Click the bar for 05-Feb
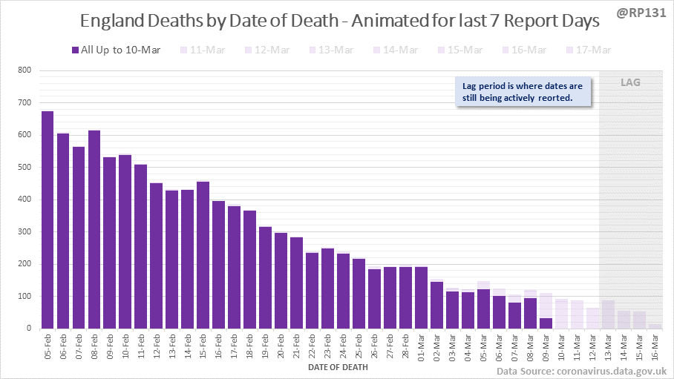(48, 220)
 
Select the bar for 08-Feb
(94, 229)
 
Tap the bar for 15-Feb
(203, 259)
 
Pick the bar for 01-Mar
(420, 297)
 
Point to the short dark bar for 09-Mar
(545, 323)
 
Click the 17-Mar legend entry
(589, 50)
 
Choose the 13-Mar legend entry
(333, 50)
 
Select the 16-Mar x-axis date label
(654, 346)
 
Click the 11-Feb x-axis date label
(141, 346)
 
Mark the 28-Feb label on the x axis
(405, 346)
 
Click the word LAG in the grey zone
(630, 82)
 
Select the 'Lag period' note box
(523, 93)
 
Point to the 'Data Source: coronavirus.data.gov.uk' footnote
(581, 370)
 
